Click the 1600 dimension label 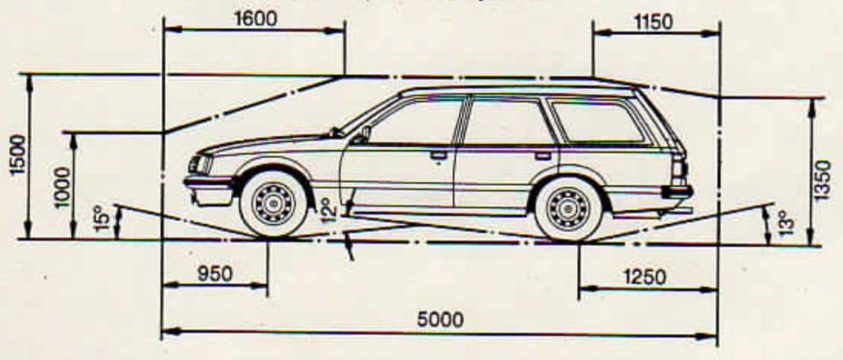[256, 18]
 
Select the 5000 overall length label [440, 320]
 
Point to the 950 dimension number [214, 273]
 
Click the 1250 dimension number [645, 277]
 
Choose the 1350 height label [823, 180]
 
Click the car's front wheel [273, 204]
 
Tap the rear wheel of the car [568, 208]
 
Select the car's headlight [199, 164]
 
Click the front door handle [438, 155]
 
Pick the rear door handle [543, 155]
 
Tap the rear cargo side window [597, 121]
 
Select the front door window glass [416, 122]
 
